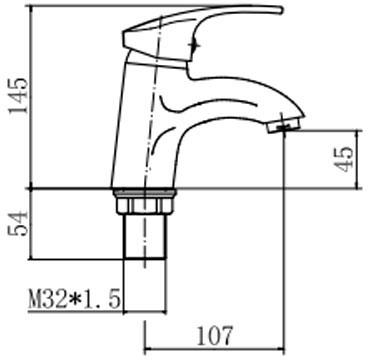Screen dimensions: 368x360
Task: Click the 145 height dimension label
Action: (x=19, y=96)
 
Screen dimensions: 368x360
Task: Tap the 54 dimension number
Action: (x=19, y=223)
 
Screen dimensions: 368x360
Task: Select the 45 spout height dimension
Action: (x=345, y=159)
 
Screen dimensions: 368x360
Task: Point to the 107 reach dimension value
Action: (x=214, y=336)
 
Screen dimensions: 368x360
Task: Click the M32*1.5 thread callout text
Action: (x=74, y=298)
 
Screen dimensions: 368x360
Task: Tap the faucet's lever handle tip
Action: (x=281, y=10)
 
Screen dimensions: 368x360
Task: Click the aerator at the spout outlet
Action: (x=284, y=126)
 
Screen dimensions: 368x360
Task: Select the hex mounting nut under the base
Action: (x=145, y=205)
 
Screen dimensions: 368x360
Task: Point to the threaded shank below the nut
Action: (x=145, y=236)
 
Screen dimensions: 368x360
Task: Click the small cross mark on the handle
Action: (x=194, y=45)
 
